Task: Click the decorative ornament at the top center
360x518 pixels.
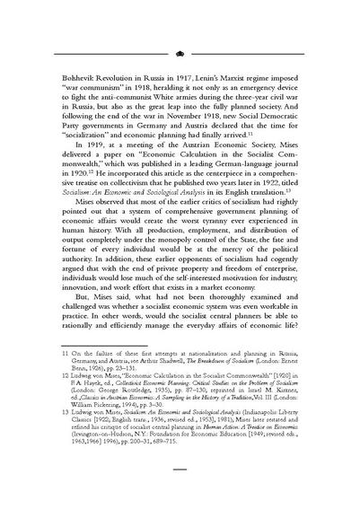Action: point(180,53)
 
